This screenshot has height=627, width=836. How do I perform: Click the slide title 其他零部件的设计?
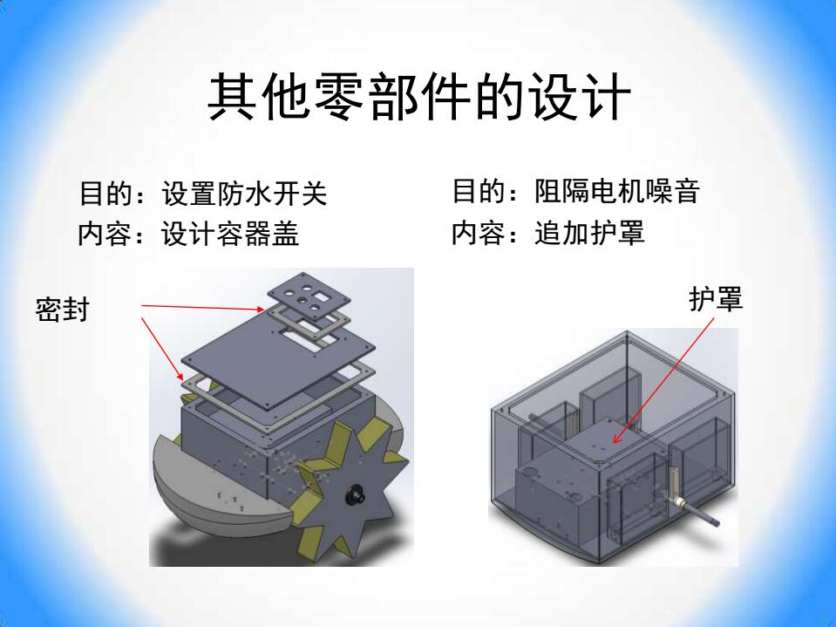click(x=419, y=97)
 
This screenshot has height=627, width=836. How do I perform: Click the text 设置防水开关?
click(x=244, y=193)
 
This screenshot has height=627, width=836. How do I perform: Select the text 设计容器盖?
click(x=230, y=234)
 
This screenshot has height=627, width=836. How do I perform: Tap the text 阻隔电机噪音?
click(x=617, y=191)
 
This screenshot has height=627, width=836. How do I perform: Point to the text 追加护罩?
click(x=589, y=233)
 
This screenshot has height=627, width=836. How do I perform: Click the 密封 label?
click(x=62, y=310)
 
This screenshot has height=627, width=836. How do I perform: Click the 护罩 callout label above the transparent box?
click(x=716, y=298)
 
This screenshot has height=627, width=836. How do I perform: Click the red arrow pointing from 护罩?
click(x=663, y=381)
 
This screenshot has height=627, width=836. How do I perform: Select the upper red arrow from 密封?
click(x=202, y=308)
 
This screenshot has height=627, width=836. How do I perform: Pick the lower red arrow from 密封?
click(x=163, y=349)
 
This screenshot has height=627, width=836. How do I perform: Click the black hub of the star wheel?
click(x=355, y=494)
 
